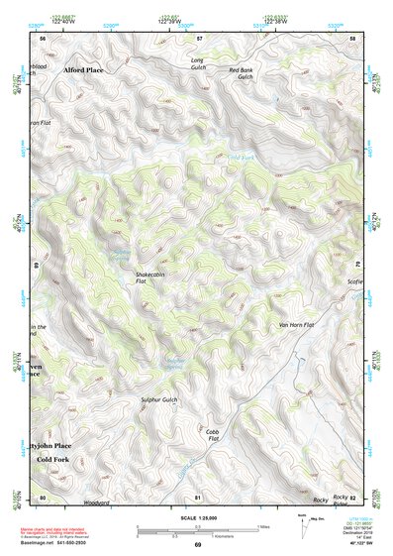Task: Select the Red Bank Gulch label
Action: (242, 73)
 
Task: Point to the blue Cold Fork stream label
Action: (242, 158)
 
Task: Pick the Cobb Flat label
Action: (212, 436)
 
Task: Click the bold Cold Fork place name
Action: (53, 461)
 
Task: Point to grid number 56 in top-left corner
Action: (43, 38)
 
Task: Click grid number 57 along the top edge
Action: (198, 38)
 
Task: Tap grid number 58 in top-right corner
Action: (351, 38)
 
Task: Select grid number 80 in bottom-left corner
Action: (42, 497)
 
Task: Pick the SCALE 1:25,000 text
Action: (196, 515)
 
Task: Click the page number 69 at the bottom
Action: (197, 544)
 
